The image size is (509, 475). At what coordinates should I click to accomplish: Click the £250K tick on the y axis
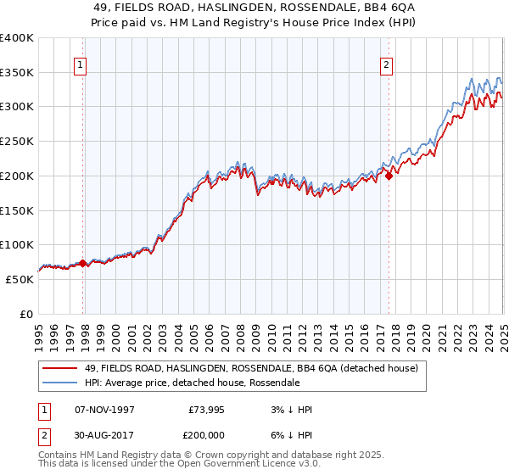coord(17,142)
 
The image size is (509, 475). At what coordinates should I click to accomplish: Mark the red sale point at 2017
coord(389,176)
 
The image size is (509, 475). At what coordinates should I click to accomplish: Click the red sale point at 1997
coord(83,263)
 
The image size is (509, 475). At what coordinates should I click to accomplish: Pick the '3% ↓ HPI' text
coord(289,410)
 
